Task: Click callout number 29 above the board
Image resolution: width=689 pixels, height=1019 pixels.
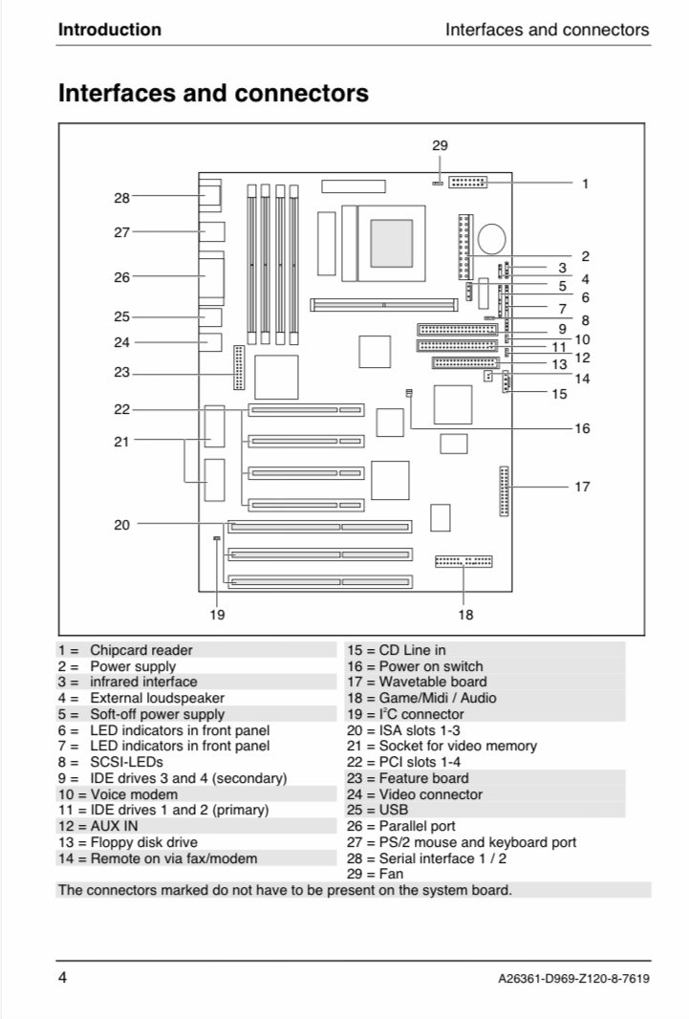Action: point(440,146)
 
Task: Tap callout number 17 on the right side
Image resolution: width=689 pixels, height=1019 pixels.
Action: point(582,487)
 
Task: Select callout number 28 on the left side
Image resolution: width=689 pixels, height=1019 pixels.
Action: point(121,198)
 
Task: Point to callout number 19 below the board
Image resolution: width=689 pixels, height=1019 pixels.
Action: point(217,615)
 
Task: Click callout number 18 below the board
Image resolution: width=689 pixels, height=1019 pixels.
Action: point(465,615)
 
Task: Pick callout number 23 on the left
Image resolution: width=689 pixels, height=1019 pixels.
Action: point(121,373)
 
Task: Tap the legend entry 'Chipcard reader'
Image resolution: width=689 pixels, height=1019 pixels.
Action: point(141,650)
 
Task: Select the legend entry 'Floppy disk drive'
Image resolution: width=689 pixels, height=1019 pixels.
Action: point(143,842)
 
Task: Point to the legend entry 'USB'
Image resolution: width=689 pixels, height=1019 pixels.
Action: point(394,810)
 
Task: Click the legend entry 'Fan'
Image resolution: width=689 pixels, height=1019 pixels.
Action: point(391,874)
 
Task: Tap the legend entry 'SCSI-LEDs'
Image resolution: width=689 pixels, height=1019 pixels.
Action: point(126,762)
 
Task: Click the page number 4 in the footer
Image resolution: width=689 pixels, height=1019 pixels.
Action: point(63,978)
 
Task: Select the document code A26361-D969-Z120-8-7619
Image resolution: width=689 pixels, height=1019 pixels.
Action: point(573,979)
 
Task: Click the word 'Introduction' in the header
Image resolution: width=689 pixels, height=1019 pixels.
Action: point(110,30)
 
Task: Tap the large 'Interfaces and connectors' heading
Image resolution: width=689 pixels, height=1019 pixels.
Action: point(213,94)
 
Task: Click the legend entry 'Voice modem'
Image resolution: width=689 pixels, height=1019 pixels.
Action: point(134,794)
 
